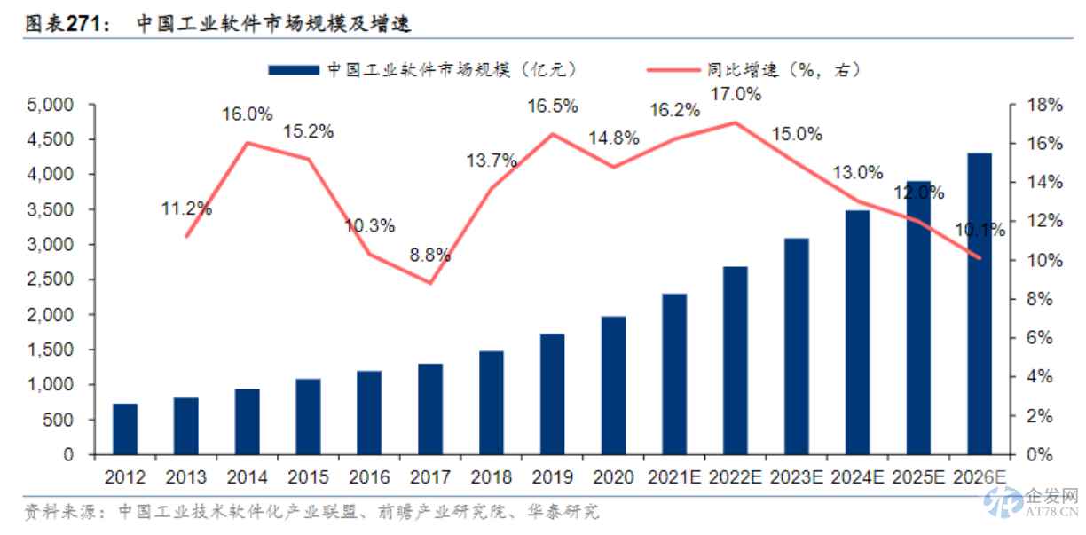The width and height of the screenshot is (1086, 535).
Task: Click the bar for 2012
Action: pyautogui.click(x=125, y=429)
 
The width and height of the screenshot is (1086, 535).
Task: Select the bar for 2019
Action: pyautogui.click(x=553, y=395)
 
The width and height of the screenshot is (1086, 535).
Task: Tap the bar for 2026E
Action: pyautogui.click(x=980, y=304)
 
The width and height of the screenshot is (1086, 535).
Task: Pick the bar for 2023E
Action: pyautogui.click(x=797, y=347)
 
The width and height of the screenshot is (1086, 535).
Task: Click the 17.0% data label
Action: pyautogui.click(x=736, y=95)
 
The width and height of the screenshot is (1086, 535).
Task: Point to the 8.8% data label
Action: pyautogui.click(x=430, y=256)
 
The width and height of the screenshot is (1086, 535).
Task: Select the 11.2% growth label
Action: pyautogui.click(x=186, y=209)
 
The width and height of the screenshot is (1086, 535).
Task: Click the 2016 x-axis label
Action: pyautogui.click(x=369, y=477)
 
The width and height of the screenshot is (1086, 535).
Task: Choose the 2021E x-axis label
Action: pyautogui.click(x=675, y=477)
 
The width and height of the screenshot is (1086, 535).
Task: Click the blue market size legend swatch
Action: pyautogui.click(x=292, y=68)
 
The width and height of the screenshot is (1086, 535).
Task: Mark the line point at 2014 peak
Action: pyautogui.click(x=248, y=143)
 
